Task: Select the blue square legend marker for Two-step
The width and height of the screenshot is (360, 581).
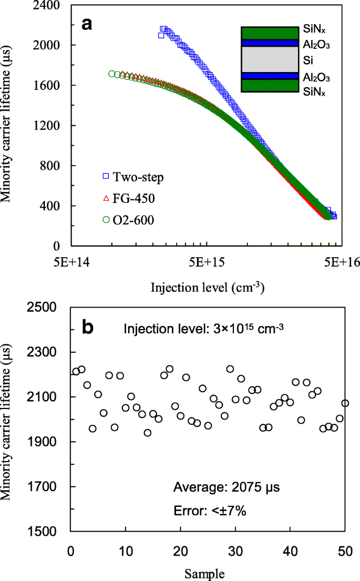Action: (x=106, y=177)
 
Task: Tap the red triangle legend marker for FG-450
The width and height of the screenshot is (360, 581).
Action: (x=106, y=198)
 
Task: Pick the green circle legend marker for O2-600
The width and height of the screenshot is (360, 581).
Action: (x=106, y=220)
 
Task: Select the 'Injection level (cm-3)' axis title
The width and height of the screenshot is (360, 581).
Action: (x=207, y=288)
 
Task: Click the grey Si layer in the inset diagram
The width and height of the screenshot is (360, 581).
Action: (x=270, y=59)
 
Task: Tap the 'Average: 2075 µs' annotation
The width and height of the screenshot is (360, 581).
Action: (x=226, y=487)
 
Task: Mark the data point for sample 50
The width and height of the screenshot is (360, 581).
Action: (x=345, y=403)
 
